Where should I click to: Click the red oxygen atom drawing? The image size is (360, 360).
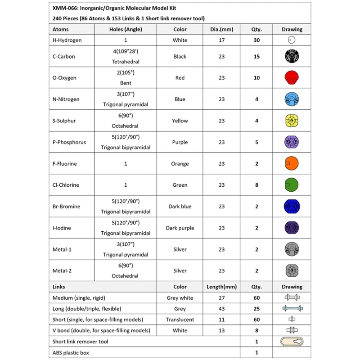[292, 77]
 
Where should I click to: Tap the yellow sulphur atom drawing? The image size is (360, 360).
[292, 121]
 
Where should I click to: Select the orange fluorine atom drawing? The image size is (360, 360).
[292, 163]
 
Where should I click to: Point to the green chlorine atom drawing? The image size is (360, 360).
[292, 185]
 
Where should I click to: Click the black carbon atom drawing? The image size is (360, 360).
[292, 56]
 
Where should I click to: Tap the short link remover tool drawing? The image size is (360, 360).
[292, 342]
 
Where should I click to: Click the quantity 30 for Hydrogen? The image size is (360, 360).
[256, 40]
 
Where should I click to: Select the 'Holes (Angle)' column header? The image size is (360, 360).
[126, 29]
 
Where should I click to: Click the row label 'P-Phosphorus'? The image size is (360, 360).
[69, 142]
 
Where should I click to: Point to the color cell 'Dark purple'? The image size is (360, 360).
[180, 228]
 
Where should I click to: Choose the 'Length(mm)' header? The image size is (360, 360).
[221, 287]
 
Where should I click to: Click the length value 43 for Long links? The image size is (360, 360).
[221, 308]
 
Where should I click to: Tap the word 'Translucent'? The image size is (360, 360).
[180, 319]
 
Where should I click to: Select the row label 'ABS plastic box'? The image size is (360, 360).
[71, 353]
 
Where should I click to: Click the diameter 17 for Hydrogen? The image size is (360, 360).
[221, 40]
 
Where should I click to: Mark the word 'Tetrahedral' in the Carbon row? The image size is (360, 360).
[126, 62]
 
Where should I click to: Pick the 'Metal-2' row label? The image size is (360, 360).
[63, 271]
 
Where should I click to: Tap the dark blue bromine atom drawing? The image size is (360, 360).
[292, 207]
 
